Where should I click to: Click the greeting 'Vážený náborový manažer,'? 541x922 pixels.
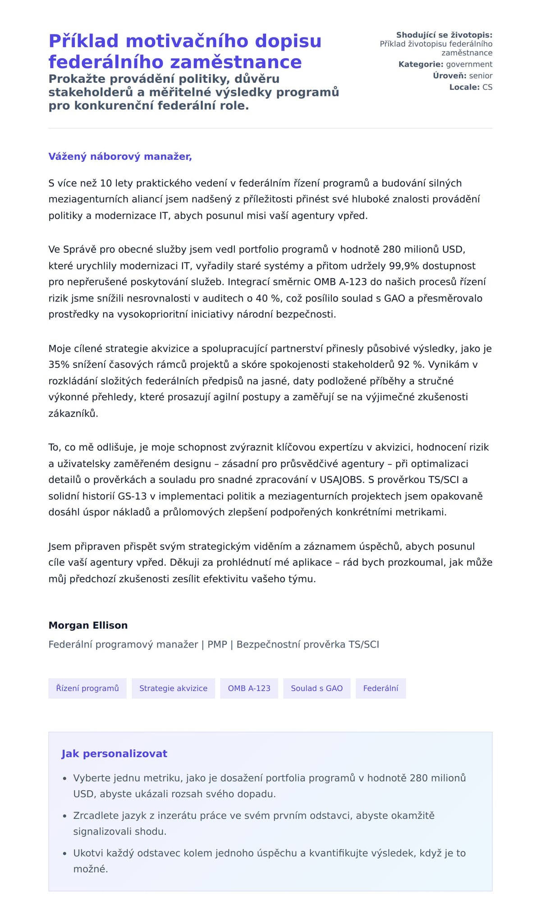[120, 156]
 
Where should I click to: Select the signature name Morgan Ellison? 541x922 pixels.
[88, 625]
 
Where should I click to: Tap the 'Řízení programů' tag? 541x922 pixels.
[87, 688]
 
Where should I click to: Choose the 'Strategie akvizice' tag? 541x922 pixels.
[173, 688]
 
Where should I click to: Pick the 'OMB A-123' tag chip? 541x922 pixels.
[249, 688]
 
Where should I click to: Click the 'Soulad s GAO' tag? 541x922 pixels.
[316, 688]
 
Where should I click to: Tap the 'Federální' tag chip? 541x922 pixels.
[381, 688]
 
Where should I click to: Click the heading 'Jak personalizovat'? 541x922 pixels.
[114, 753]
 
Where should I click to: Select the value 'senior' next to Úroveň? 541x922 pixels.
[481, 76]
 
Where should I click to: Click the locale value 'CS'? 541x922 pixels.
[487, 87]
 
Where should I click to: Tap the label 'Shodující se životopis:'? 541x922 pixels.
[444, 35]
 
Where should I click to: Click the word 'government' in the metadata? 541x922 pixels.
[469, 64]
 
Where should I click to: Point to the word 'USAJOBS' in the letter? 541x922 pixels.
[341, 479]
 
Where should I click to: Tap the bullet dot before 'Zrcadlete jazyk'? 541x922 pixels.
[65, 816]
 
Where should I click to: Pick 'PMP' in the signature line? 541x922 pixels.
[217, 644]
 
